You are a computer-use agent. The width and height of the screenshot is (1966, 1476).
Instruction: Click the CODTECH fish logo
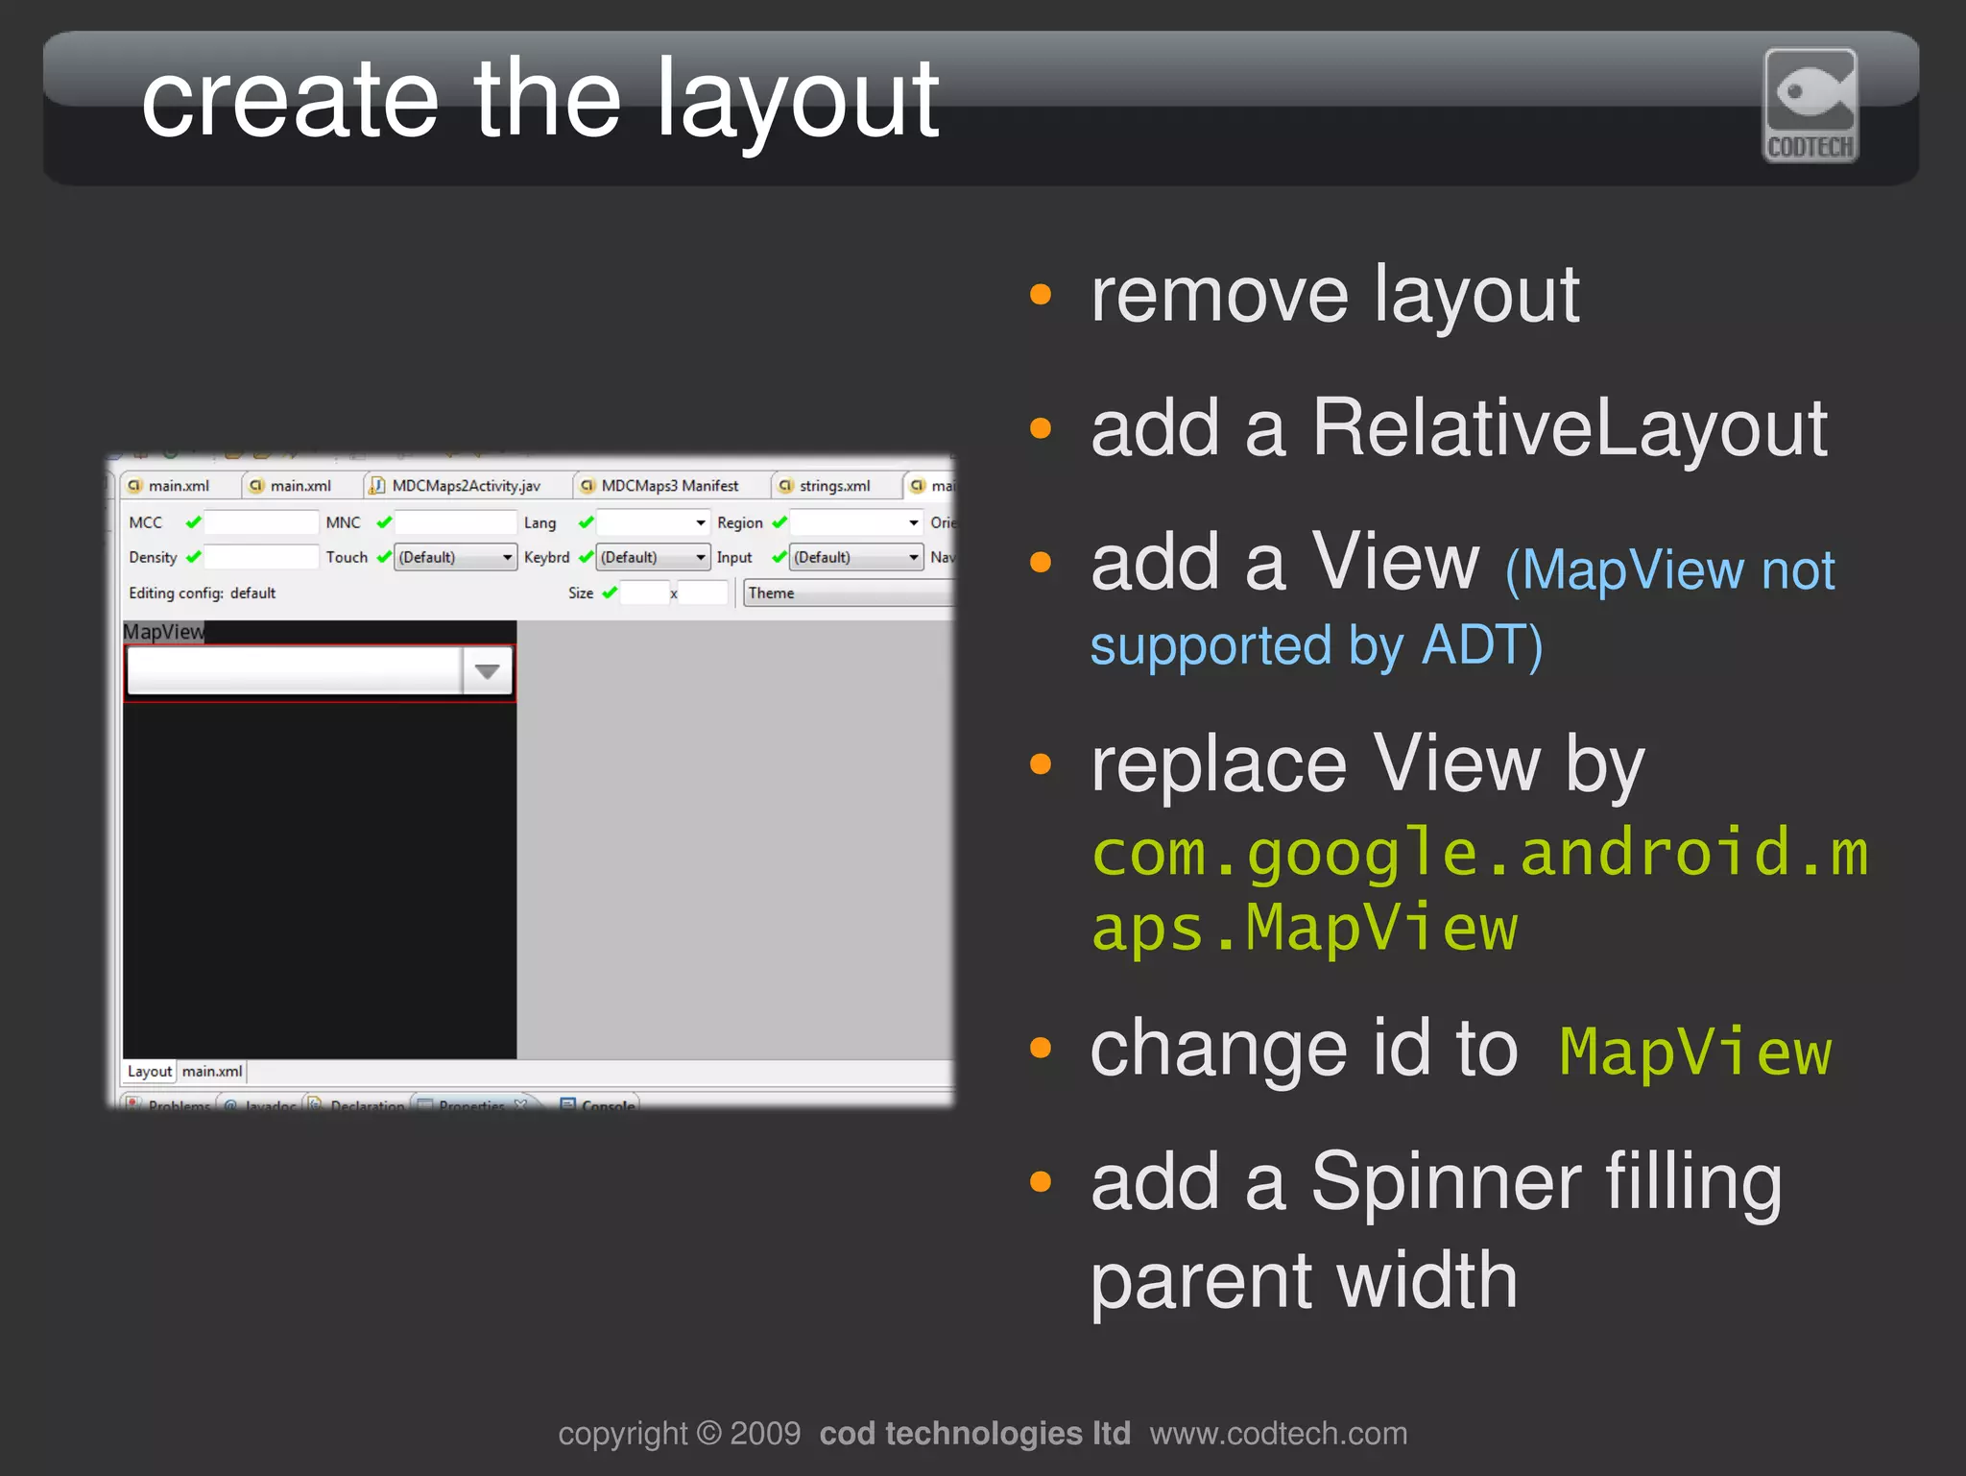(x=1810, y=105)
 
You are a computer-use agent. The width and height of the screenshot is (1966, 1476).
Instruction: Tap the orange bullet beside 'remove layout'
(x=1041, y=294)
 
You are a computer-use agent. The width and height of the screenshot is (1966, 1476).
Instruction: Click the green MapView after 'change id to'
(x=1695, y=1052)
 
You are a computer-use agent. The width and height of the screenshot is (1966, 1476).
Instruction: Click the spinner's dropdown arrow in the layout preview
(x=487, y=671)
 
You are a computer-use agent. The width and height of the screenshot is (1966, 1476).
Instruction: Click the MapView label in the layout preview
(x=164, y=632)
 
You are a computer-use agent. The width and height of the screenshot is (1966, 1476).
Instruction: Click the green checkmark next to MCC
(x=193, y=522)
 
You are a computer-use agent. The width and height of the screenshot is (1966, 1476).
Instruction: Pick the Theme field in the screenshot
(x=845, y=593)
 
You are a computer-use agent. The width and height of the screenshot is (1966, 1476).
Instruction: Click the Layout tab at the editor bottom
(x=150, y=1072)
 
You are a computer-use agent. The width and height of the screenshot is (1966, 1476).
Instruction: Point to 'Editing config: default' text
(x=202, y=593)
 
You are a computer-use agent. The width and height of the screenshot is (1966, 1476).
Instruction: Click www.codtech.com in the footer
(x=1278, y=1434)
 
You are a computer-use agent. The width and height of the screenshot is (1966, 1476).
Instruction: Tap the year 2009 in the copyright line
(x=765, y=1434)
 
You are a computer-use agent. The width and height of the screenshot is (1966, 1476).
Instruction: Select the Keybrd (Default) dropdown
(x=653, y=557)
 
